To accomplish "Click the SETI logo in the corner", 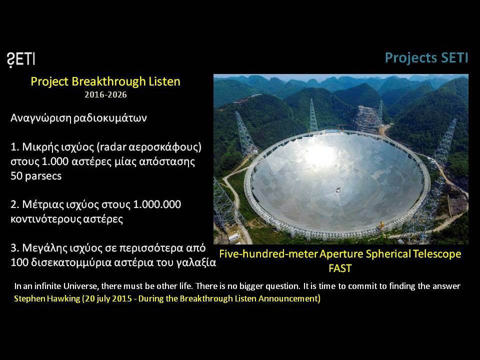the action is (21, 59).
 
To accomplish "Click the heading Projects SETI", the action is (426, 58).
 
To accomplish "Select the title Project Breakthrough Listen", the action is (105, 81).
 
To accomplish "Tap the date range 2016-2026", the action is (105, 94).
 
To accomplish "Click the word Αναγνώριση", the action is (40, 118).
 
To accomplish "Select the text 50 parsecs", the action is (36, 176).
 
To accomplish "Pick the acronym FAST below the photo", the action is (340, 268).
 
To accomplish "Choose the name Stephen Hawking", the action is (47, 298).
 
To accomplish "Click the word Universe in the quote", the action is (80, 286).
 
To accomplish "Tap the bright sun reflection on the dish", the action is (319, 155).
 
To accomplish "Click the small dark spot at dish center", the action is (338, 190).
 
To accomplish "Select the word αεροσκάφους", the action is (165, 147).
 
